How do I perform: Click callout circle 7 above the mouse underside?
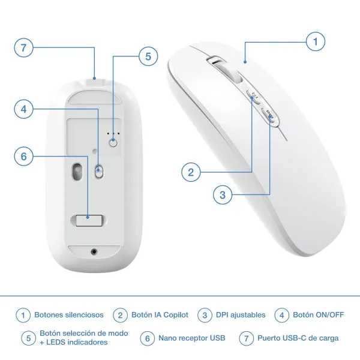tap(23, 48)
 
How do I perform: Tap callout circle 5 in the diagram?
tap(148, 56)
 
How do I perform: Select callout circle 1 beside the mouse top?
tap(316, 41)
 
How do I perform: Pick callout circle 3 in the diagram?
tap(223, 195)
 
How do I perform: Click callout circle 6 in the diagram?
tap(23, 157)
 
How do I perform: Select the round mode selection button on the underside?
tap(113, 143)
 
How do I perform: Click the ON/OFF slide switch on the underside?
tap(99, 171)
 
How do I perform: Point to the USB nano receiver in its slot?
tap(89, 220)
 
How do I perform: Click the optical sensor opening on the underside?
tap(77, 172)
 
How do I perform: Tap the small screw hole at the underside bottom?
tap(94, 251)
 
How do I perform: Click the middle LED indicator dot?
tap(113, 133)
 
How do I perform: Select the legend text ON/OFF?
tap(330, 315)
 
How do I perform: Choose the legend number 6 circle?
tap(148, 338)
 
